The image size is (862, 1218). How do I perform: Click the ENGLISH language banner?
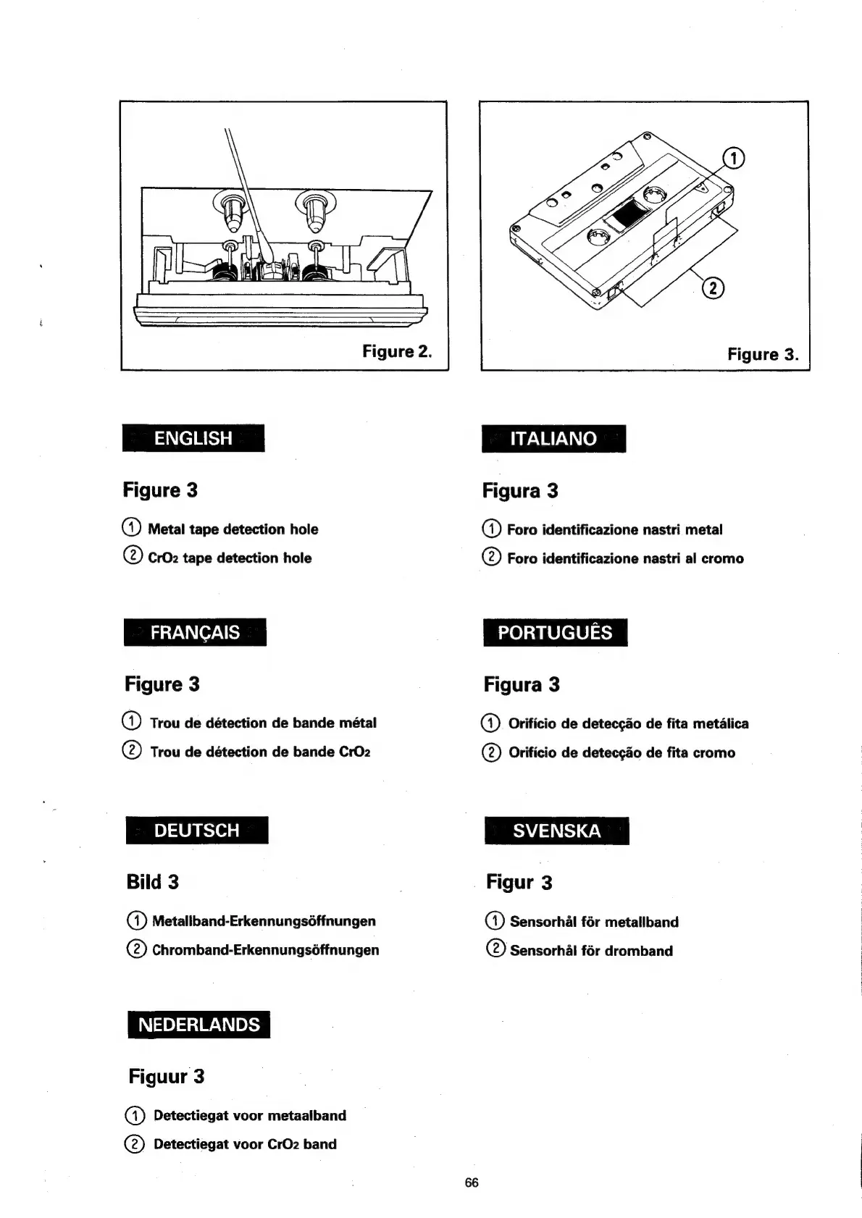[x=193, y=438]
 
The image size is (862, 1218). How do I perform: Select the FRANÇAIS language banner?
[x=195, y=632]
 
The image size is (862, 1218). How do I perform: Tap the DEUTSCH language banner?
[x=196, y=830]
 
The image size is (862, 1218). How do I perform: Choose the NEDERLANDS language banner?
[x=198, y=1025]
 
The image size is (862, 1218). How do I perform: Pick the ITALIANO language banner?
[x=553, y=438]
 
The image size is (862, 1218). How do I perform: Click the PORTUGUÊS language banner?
[x=555, y=632]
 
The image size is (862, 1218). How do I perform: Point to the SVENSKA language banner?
[x=556, y=831]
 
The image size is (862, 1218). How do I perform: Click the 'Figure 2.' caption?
[x=397, y=352]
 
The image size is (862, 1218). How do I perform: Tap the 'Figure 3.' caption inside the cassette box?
[x=763, y=354]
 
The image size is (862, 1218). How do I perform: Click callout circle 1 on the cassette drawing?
[x=734, y=159]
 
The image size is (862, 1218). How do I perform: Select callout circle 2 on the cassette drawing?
[x=713, y=287]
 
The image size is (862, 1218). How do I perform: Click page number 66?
[x=472, y=1183]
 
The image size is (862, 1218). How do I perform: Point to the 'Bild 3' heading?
[x=152, y=882]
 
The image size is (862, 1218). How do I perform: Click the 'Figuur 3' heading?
[x=167, y=1077]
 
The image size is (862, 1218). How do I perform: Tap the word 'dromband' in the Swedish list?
[x=639, y=951]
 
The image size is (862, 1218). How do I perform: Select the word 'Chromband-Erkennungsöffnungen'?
[x=265, y=950]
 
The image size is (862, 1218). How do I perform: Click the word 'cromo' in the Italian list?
[x=722, y=558]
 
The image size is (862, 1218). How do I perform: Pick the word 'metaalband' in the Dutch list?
[x=306, y=1116]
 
